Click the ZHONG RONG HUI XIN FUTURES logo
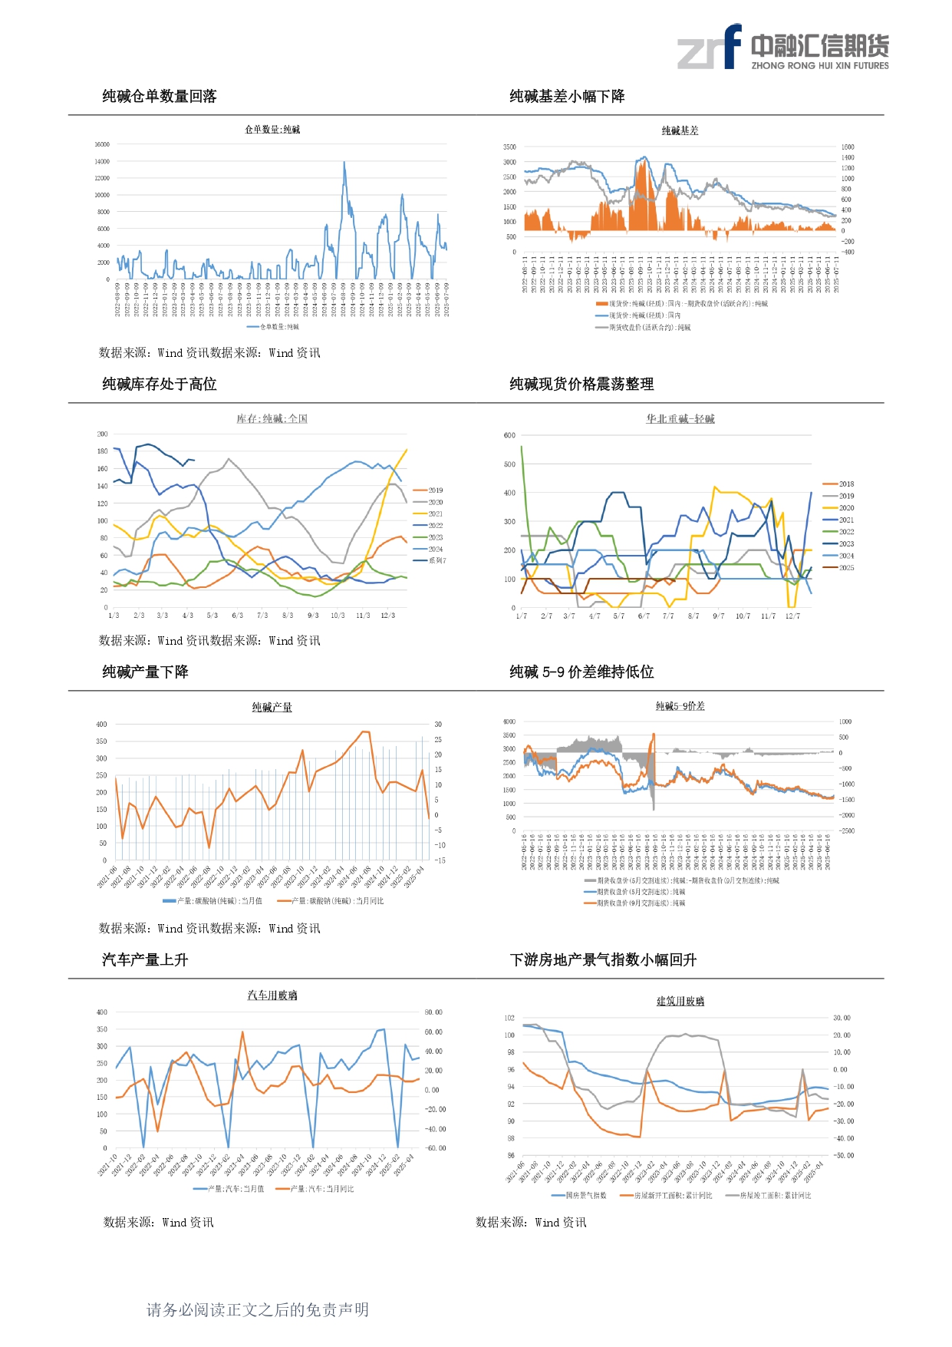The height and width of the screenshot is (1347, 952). click(x=782, y=48)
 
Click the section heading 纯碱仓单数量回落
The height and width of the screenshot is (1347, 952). click(x=160, y=97)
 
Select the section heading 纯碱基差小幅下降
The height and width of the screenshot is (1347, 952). click(x=567, y=97)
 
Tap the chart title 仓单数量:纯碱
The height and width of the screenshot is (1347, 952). click(x=272, y=130)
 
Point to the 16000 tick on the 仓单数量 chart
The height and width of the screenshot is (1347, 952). click(x=102, y=144)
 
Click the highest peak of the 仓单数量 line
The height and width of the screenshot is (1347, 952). click(x=344, y=163)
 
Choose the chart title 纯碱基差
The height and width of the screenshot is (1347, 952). click(x=680, y=131)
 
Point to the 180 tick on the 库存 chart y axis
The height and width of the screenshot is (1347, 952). click(x=103, y=451)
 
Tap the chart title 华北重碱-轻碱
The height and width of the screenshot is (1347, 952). click(x=680, y=419)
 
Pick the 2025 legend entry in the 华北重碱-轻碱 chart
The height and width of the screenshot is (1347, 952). click(x=846, y=568)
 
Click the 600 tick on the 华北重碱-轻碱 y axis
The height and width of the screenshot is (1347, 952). click(x=509, y=435)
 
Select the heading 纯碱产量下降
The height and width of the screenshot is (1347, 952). click(x=145, y=672)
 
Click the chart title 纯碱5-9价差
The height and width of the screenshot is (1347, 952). click(x=680, y=706)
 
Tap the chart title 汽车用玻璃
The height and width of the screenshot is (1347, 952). click(x=272, y=995)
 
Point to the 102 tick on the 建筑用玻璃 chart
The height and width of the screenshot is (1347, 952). click(x=509, y=1018)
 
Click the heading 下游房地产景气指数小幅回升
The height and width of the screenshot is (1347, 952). click(x=603, y=960)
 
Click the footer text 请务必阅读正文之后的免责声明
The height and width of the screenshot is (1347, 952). click(x=258, y=1310)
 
